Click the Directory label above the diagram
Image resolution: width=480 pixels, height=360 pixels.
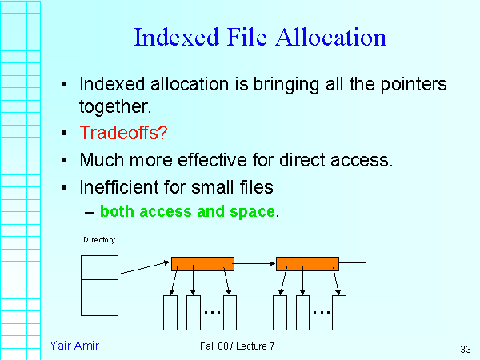pos(99,240)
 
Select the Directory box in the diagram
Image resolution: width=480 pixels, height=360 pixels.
pos(99,285)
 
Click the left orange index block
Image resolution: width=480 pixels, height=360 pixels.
pos(202,263)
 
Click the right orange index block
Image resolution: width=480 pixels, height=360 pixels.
pos(307,263)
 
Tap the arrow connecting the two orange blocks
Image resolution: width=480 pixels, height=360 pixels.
pos(254,262)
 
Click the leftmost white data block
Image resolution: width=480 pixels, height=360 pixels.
pos(170,313)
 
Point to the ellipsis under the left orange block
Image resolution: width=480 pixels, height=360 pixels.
pos(211,311)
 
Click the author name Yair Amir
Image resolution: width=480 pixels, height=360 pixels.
pos(74,345)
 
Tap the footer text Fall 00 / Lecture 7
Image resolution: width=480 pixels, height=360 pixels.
pos(238,346)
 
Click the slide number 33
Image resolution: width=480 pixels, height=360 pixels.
pos(466,350)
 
